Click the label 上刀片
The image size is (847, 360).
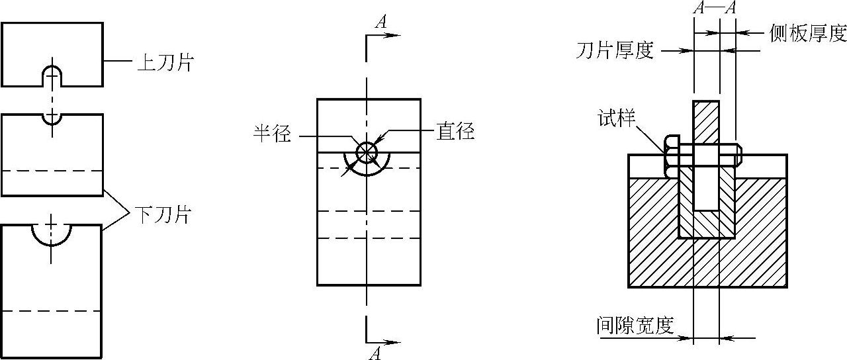tap(165, 63)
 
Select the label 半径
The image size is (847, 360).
tap(272, 134)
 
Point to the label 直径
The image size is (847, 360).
tap(455, 131)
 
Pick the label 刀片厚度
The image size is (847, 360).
tap(615, 50)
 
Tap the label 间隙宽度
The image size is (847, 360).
tap(634, 326)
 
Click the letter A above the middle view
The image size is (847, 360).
tap(380, 22)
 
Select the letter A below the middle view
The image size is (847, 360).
tap(375, 353)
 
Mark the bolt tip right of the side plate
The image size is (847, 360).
tap(739, 155)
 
